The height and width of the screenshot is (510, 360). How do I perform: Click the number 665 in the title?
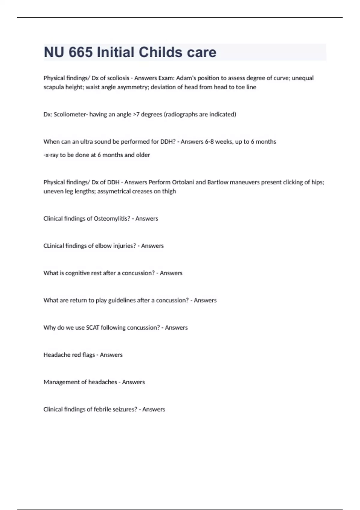point(80,52)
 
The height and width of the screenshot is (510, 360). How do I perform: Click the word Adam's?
point(185,78)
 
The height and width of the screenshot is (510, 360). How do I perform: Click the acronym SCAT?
point(93,328)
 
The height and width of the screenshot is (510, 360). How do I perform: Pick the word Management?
point(61,382)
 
